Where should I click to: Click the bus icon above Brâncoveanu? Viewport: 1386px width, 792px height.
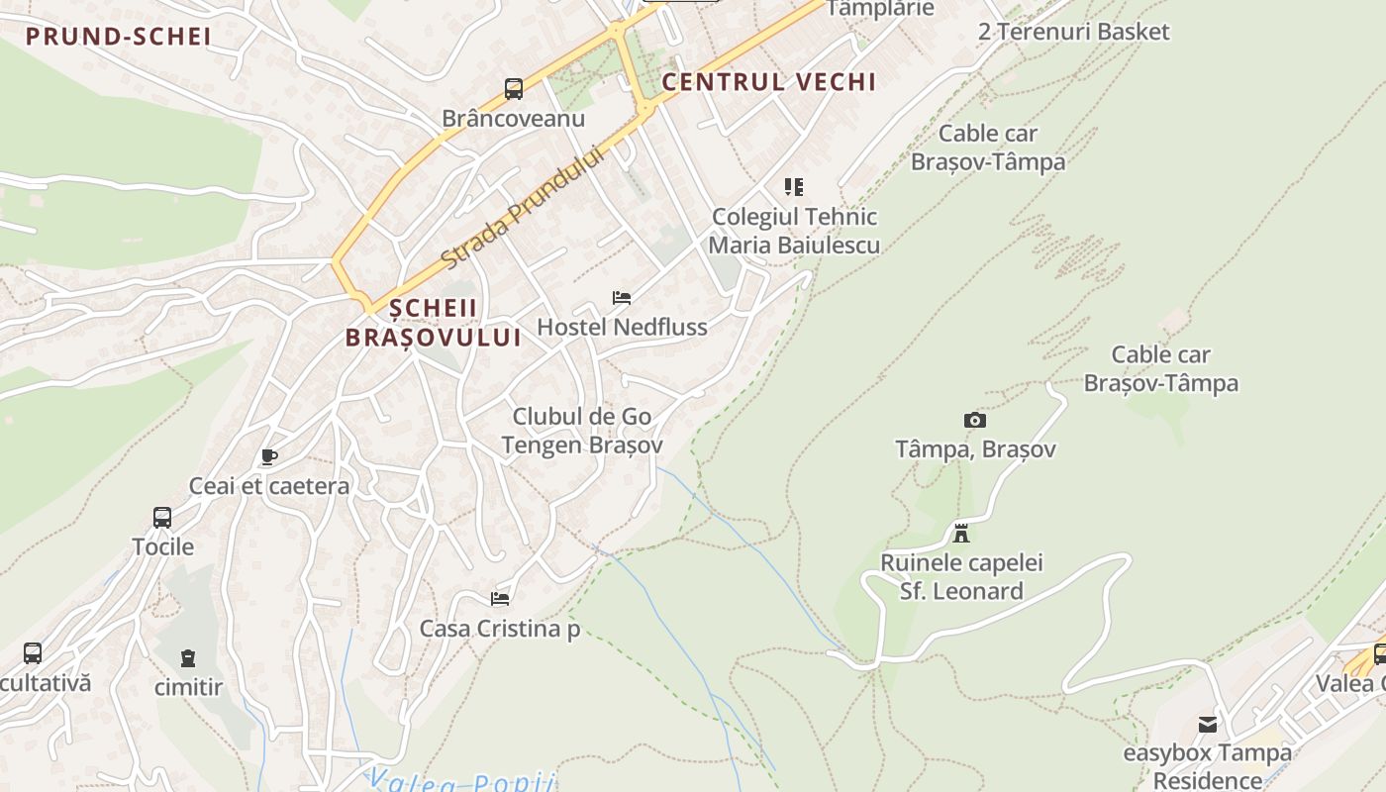coord(513,89)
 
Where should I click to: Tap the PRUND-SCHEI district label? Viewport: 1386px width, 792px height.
coord(119,37)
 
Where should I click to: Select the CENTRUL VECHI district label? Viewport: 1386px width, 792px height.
coord(768,82)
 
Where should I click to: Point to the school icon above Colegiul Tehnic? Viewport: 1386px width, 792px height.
coord(793,186)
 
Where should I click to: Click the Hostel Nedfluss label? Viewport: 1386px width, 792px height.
coord(622,327)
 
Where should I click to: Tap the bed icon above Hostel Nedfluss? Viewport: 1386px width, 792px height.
coord(622,297)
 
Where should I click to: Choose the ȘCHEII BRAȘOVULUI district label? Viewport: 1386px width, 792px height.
coord(434,323)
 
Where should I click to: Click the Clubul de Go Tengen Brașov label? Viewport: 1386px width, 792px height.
coord(582,431)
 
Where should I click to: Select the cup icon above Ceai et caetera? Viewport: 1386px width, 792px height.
coord(268,456)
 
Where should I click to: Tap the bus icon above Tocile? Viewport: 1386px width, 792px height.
coord(162,517)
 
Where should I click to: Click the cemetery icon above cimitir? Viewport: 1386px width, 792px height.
coord(188,657)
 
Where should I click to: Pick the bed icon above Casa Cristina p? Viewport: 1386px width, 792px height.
coord(500,598)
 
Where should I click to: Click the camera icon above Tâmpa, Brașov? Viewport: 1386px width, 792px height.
coord(974,420)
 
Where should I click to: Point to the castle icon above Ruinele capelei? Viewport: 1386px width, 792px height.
coord(960,534)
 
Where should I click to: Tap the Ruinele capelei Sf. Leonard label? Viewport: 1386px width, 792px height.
coord(961,577)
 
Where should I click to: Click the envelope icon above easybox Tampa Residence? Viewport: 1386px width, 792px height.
coord(1207,725)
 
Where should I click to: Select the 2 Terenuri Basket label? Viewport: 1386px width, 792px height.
coord(1073,32)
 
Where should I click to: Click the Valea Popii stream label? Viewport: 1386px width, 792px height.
coord(461,782)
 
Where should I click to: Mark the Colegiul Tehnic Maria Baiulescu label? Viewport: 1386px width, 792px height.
coord(795,231)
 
